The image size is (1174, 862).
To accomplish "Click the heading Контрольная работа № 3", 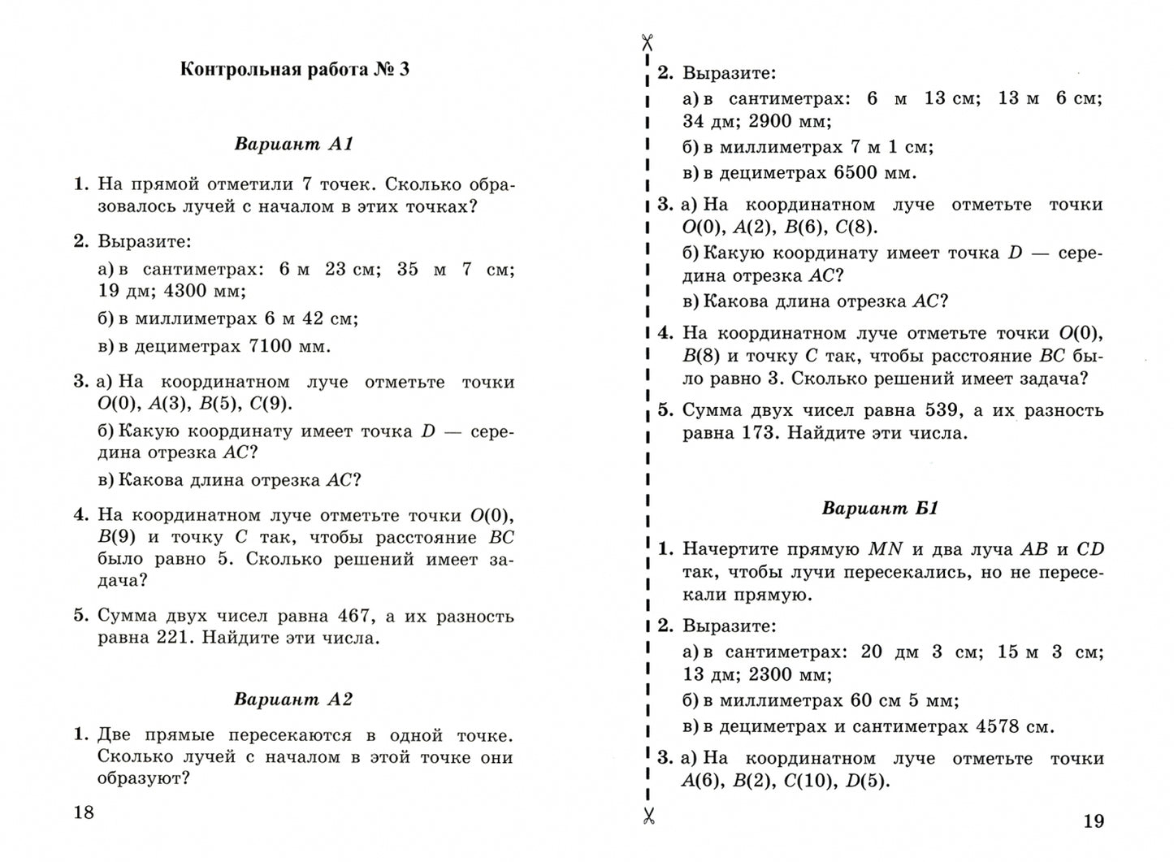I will pyautogui.click(x=294, y=70).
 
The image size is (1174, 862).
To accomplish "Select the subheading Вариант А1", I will pyautogui.click(x=294, y=145).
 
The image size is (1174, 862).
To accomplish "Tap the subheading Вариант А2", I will pyautogui.click(x=293, y=700).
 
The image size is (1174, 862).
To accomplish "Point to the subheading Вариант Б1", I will pyautogui.click(x=880, y=509).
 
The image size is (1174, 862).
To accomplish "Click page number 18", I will pyautogui.click(x=84, y=812).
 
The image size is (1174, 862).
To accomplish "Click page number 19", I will pyautogui.click(x=1094, y=821).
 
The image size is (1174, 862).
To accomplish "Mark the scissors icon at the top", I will pyautogui.click(x=648, y=42).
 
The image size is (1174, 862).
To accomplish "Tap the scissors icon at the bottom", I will pyautogui.click(x=648, y=816).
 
